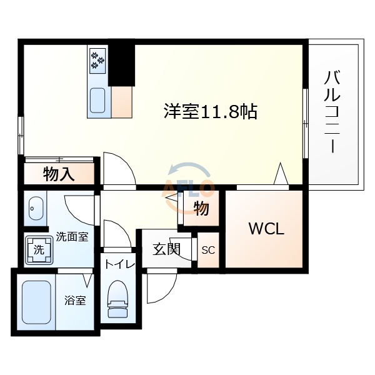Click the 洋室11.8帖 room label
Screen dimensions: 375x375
[211, 112]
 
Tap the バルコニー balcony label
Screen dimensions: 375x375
[333, 112]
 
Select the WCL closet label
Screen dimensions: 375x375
[267, 229]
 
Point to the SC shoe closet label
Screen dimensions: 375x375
[208, 250]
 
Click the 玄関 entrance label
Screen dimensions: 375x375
[166, 249]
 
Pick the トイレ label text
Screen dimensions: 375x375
[119, 264]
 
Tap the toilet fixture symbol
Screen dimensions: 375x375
[117, 297]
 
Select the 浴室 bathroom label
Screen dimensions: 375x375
[75, 300]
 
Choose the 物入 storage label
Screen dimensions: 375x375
[59, 174]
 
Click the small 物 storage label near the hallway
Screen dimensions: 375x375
[201, 209]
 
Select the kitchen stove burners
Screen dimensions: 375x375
[98, 61]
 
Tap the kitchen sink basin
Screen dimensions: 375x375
[98, 101]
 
